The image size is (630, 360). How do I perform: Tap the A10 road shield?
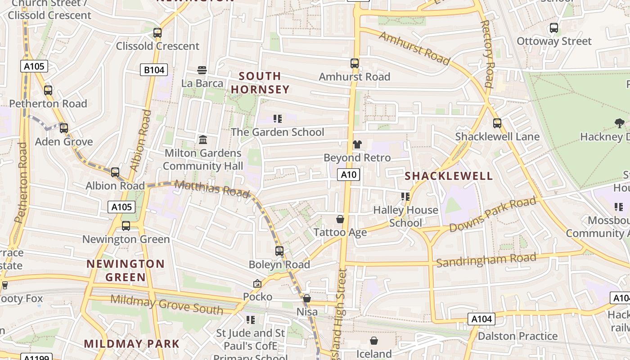pyautogui.click(x=349, y=175)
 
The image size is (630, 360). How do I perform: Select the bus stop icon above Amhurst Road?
pyautogui.click(x=355, y=63)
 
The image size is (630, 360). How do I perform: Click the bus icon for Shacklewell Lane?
pyautogui.click(x=497, y=123)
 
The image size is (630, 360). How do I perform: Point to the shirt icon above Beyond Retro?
pyautogui.click(x=357, y=144)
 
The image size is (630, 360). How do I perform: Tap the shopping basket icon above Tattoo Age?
pyautogui.click(x=340, y=219)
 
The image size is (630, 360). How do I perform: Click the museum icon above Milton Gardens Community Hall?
pyautogui.click(x=203, y=140)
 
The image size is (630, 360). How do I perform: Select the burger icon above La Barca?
pyautogui.click(x=202, y=70)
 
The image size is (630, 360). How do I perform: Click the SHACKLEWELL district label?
pyautogui.click(x=449, y=176)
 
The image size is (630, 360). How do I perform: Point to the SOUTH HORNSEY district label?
pyautogui.click(x=260, y=83)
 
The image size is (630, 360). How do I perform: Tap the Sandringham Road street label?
pyautogui.click(x=486, y=260)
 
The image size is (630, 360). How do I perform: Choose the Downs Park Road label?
pyautogui.click(x=493, y=214)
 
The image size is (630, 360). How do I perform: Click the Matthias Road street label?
pyautogui.click(x=211, y=188)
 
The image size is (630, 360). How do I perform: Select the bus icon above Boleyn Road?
pyautogui.click(x=279, y=251)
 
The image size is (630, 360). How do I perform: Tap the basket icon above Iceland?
pyautogui.click(x=374, y=341)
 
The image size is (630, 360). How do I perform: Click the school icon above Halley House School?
pyautogui.click(x=405, y=197)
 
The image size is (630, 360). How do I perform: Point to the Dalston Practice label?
pyautogui.click(x=517, y=336)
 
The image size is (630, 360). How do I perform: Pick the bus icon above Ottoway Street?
pyautogui.click(x=553, y=28)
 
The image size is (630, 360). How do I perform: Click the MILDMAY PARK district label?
pyautogui.click(x=132, y=344)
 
